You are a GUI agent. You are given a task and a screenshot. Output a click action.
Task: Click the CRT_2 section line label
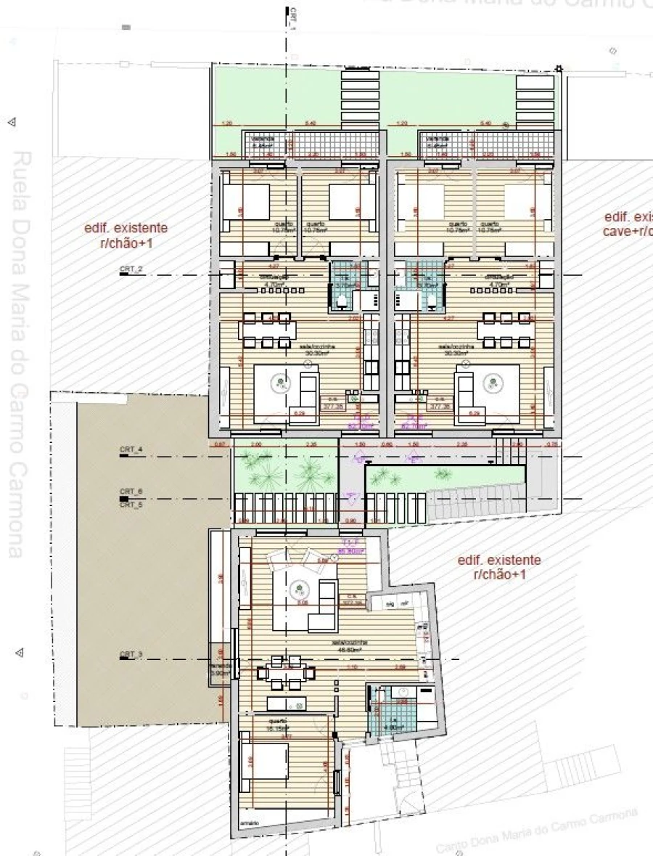coord(131,269)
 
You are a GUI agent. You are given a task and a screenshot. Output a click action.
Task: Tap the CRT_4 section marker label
coord(131,451)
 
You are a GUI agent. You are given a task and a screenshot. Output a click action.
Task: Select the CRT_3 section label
coord(131,656)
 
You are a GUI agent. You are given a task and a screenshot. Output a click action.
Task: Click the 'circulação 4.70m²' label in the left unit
coord(275,280)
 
